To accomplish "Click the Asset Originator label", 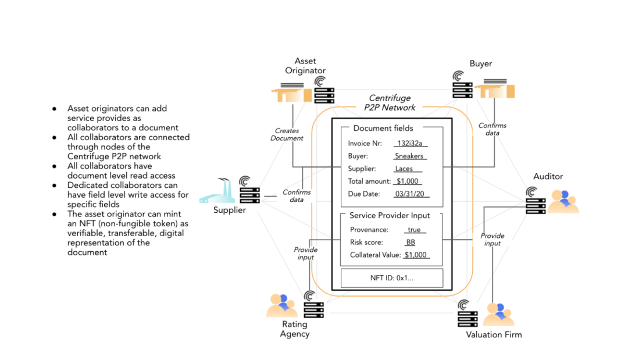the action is point(305,66).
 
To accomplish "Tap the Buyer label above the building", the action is point(481,63).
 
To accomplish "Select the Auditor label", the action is point(548,177).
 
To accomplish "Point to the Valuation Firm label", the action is point(494,335).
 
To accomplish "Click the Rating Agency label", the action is point(295,329).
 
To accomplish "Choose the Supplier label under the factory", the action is point(230,210).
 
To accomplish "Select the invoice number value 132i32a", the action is point(410,143).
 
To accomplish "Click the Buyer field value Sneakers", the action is point(409,156).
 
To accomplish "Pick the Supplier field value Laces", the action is point(404,169).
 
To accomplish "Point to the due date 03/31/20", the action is point(410,194).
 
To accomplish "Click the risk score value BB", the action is point(411,243).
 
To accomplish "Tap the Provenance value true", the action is point(414,230).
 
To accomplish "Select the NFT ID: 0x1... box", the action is point(392,278).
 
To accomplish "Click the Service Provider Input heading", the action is point(390,215).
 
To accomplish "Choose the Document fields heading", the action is point(383,128).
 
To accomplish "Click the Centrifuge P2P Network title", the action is point(390,103).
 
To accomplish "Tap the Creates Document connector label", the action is point(287,134).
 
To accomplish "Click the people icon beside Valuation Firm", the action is point(499,315).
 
